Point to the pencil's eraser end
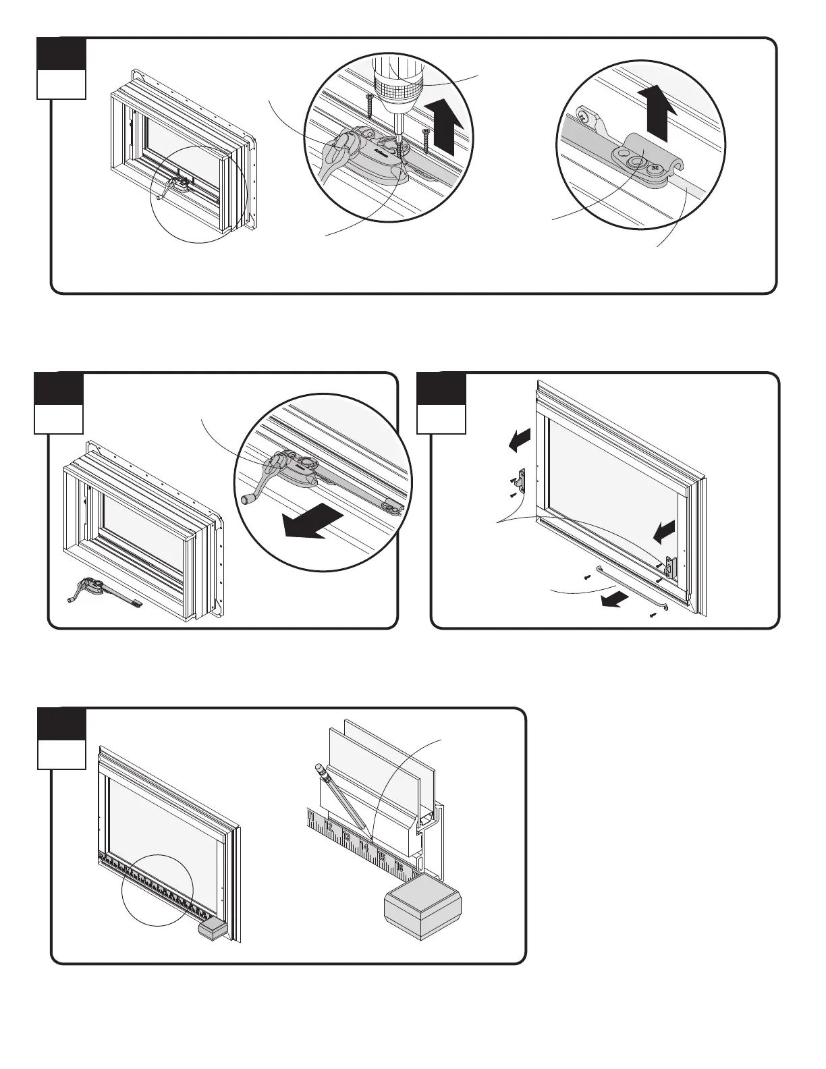[x=318, y=769]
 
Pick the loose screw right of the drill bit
[x=426, y=138]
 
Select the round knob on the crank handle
[x=247, y=500]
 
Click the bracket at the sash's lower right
[x=669, y=566]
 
